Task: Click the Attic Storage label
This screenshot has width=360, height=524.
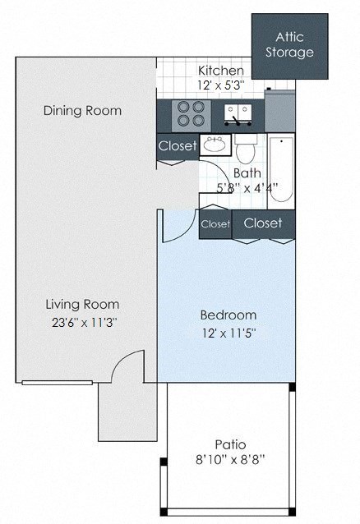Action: (x=294, y=45)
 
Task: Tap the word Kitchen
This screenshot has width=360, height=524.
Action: (x=221, y=71)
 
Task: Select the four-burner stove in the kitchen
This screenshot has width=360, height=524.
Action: (x=190, y=113)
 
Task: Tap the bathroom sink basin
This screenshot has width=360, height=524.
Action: (x=215, y=146)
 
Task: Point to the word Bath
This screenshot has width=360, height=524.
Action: (x=247, y=173)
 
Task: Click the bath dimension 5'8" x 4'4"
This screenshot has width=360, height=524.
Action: (x=247, y=187)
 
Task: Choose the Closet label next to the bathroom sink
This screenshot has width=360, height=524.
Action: (x=178, y=147)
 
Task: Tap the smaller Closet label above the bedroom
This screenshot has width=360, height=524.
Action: (x=215, y=223)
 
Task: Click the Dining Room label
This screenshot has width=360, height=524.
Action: (x=82, y=111)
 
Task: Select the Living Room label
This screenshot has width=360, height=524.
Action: (x=82, y=304)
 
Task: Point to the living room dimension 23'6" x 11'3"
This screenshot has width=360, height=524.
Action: (x=82, y=322)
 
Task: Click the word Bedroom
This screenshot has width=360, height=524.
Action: (x=228, y=315)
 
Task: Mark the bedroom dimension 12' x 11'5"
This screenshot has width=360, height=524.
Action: (x=228, y=333)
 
